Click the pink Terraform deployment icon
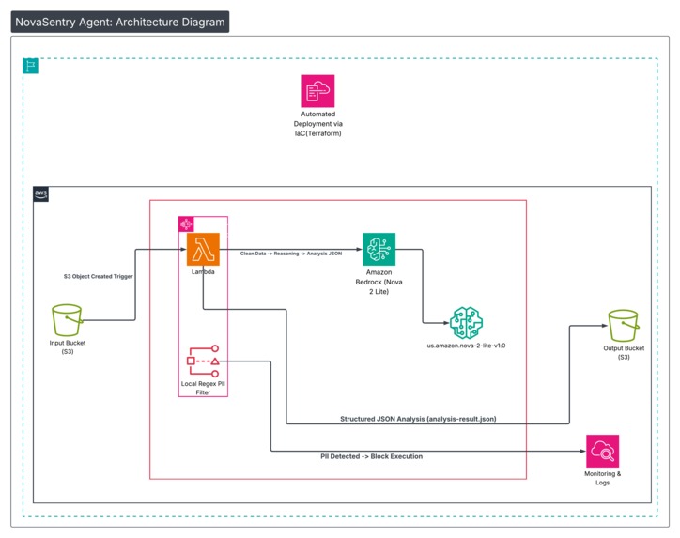point(318,90)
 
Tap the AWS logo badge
point(41,194)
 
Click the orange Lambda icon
point(202,250)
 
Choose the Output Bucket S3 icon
point(624,327)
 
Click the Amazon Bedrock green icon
point(379,249)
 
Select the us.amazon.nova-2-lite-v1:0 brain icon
point(466,322)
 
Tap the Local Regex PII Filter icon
point(202,361)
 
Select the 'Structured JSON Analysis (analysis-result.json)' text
point(417,418)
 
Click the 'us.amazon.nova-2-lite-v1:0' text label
point(466,346)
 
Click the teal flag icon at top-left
point(31,66)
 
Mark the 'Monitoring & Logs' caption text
point(602,478)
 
